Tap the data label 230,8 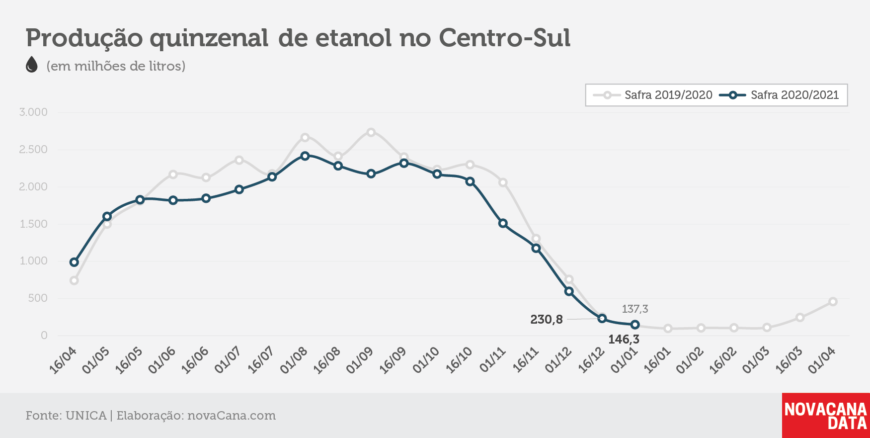547,319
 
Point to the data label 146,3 624,340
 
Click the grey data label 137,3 635,309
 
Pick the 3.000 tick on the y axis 33,112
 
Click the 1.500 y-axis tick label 33,224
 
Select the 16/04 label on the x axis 63,360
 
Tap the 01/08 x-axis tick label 294,360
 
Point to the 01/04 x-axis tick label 821,360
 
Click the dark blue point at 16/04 75,262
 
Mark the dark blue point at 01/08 305,156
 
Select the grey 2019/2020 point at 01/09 371,132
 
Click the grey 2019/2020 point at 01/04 833,301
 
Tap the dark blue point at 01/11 503,223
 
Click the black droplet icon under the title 32,65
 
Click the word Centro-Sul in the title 505,38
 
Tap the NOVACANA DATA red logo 826,416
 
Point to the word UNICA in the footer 86,416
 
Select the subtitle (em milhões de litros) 116,66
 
